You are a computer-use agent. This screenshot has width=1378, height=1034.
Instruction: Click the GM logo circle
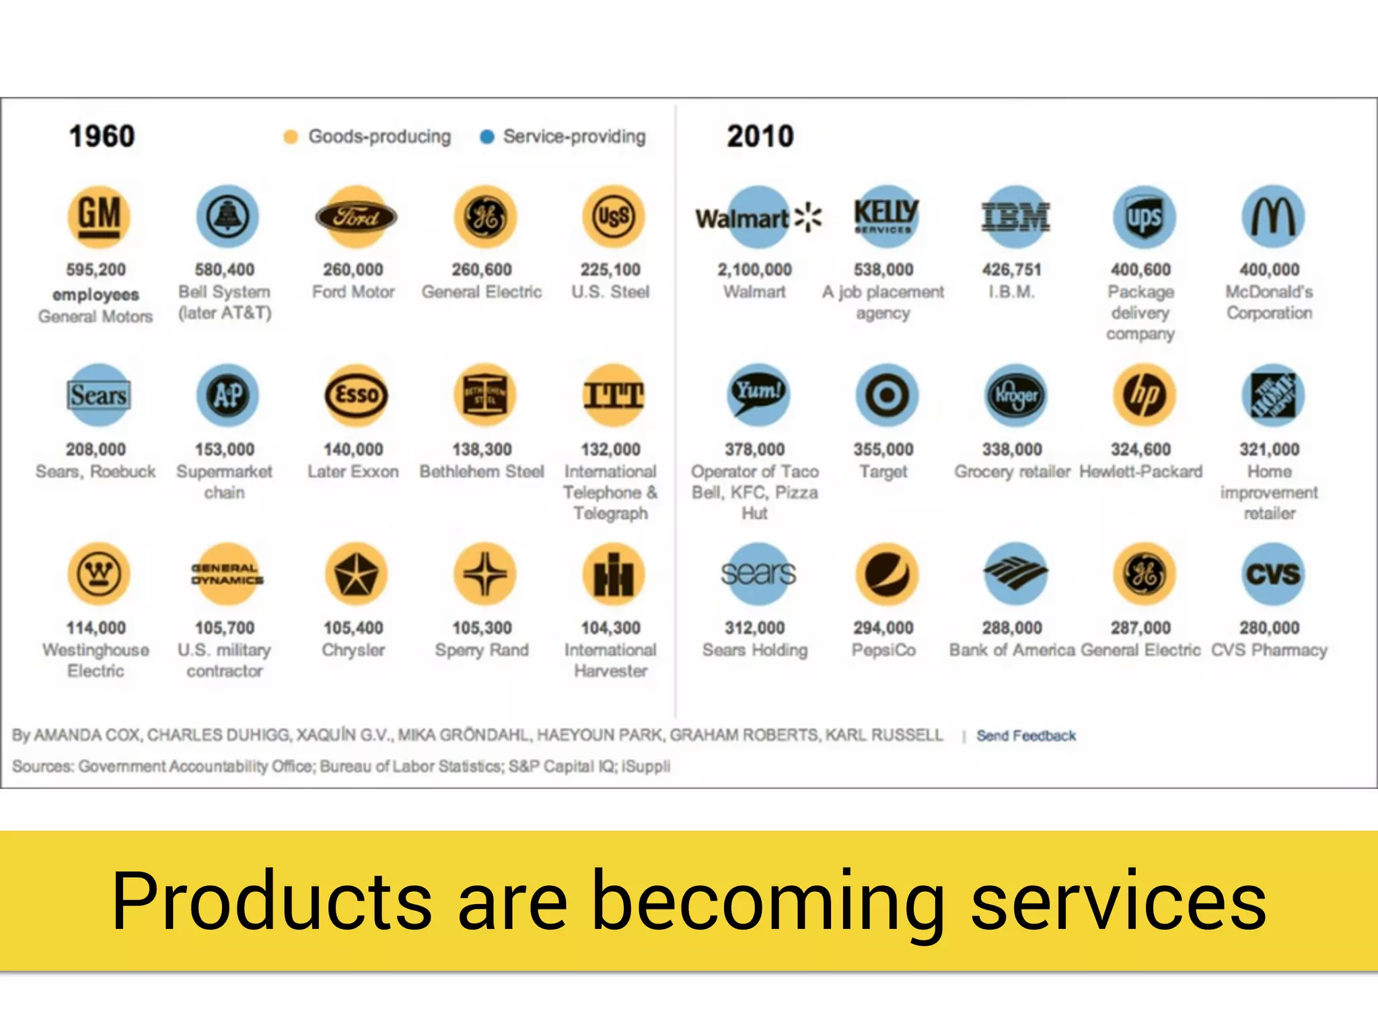pos(99,216)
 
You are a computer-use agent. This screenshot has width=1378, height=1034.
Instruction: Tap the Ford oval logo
pos(356,217)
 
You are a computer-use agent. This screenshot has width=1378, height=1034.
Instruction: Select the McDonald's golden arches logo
pos(1272,217)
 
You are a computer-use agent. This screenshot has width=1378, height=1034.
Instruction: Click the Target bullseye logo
pos(886,395)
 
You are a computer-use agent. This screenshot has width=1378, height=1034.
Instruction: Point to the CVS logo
pos(1272,574)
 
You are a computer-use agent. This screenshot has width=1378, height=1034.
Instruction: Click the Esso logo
pos(356,395)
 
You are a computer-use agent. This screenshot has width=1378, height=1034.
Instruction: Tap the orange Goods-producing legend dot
pos(291,137)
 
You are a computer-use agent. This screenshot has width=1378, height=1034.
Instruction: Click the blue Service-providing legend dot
pos(486,137)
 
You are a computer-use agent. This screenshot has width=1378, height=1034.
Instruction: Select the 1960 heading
pos(102,137)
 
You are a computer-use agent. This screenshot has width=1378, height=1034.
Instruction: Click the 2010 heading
pos(760,137)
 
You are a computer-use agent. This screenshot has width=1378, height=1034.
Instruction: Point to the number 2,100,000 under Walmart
pos(754,270)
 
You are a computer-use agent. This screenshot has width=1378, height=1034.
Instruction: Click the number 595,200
pos(96,270)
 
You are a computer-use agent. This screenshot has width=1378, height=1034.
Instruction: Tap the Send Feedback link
pos(1025,736)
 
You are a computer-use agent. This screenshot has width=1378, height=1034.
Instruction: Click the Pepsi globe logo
pos(886,574)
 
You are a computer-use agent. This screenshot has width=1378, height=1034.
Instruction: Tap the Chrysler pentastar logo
pos(356,574)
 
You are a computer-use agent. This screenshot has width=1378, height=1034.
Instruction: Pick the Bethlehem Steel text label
pos(482,471)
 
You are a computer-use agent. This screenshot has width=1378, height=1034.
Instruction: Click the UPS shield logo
pos(1144,217)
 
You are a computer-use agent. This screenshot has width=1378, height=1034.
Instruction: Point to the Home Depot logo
pos(1272,395)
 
